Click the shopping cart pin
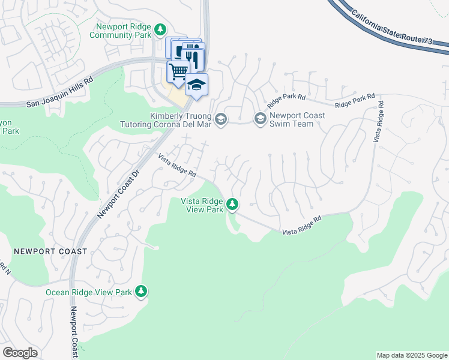[x=178, y=71]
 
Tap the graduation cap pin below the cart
[x=196, y=85]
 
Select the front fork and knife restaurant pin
[x=194, y=58]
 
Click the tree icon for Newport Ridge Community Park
[x=160, y=29]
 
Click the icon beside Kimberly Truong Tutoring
[x=221, y=119]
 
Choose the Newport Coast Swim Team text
[x=297, y=119]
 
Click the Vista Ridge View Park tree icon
[x=232, y=205]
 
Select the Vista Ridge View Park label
[x=202, y=205]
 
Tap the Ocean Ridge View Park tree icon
[x=141, y=292]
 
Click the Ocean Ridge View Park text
[x=89, y=292]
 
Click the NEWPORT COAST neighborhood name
[x=50, y=251]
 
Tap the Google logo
[x=20, y=353]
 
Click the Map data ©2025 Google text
[x=411, y=355]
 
